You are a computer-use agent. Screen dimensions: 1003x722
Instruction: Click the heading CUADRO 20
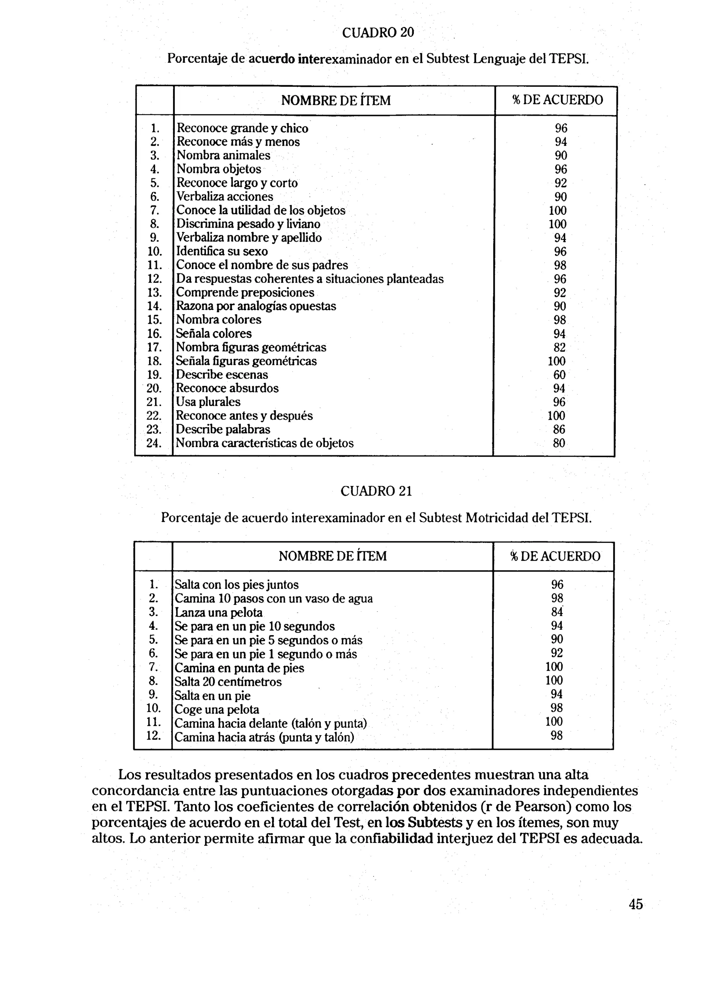coord(378,33)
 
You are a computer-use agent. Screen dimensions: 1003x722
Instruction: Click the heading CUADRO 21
coord(376,491)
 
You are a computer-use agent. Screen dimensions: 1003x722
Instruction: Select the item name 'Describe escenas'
coord(222,375)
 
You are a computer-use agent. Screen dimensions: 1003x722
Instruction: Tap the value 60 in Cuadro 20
coord(559,375)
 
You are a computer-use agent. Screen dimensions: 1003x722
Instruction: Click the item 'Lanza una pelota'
coord(219,613)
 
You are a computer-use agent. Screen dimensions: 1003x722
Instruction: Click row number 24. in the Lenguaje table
coord(154,443)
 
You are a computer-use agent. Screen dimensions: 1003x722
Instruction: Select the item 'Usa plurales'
coord(208,402)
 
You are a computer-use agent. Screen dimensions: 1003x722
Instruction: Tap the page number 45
coord(635,904)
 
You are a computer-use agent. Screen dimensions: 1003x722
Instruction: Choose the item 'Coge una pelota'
coord(217,709)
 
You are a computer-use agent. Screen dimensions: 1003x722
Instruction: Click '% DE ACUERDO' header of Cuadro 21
coord(555,556)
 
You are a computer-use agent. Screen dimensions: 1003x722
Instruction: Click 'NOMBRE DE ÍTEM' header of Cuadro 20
coord(336,101)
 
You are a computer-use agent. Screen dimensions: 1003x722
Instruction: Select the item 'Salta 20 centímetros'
coord(228,681)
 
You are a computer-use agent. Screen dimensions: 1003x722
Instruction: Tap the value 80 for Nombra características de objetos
coord(559,443)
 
